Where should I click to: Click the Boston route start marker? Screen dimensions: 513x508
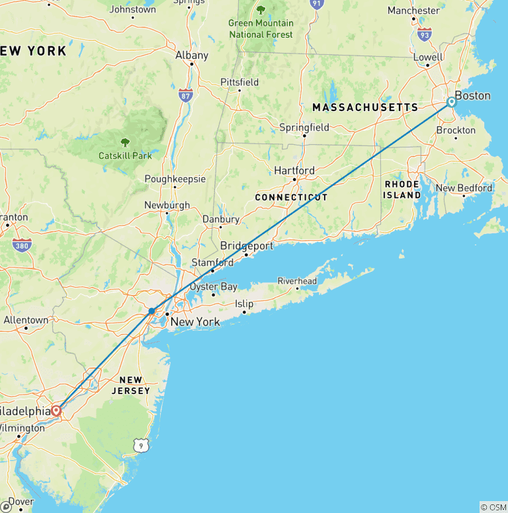pos(451,102)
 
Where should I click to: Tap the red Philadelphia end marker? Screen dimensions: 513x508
pos(57,411)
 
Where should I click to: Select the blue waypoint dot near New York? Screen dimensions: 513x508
pos(152,311)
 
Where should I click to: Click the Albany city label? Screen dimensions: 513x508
pos(192,56)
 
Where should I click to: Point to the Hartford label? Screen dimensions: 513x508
pos(294,171)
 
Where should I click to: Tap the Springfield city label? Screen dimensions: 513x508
pos(304,127)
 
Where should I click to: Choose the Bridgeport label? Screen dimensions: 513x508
pos(247,246)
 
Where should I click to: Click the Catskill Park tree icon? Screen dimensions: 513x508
pos(124,141)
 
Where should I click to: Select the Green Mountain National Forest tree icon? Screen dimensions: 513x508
pos(261,10)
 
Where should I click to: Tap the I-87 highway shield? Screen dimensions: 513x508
pos(185,96)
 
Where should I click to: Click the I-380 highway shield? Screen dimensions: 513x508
pos(22,245)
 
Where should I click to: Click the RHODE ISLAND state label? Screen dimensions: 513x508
pos(402,190)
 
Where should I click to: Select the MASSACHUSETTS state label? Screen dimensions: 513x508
pos(365,107)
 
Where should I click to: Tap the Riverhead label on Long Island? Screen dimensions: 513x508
pos(297,281)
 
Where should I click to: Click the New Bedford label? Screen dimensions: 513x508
pos(464,188)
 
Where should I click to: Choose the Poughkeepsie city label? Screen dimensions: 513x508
pos(175,179)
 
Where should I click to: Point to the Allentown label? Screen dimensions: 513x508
pos(26,320)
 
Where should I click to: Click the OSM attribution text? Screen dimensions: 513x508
pos(493,507)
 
